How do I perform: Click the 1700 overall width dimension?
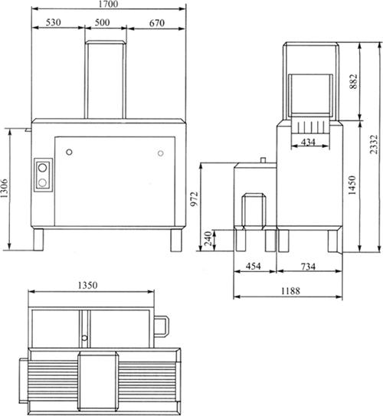click(x=108, y=4)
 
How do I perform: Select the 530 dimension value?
click(x=54, y=22)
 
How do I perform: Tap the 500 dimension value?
click(x=102, y=22)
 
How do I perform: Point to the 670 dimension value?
click(x=157, y=23)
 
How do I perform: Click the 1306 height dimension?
click(x=5, y=188)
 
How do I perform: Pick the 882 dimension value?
click(x=354, y=81)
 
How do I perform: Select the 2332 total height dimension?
click(x=374, y=145)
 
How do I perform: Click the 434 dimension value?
click(x=308, y=142)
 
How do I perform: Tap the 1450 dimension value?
click(x=352, y=185)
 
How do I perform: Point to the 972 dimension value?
click(x=195, y=199)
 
